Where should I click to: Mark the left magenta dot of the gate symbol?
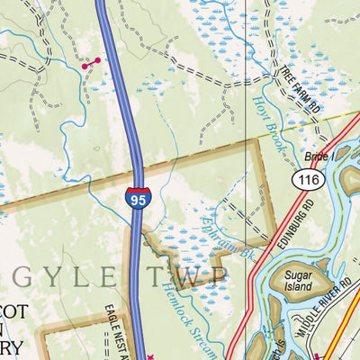point(85,66)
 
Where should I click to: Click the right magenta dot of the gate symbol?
point(97,60)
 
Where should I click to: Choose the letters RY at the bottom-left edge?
point(9,346)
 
